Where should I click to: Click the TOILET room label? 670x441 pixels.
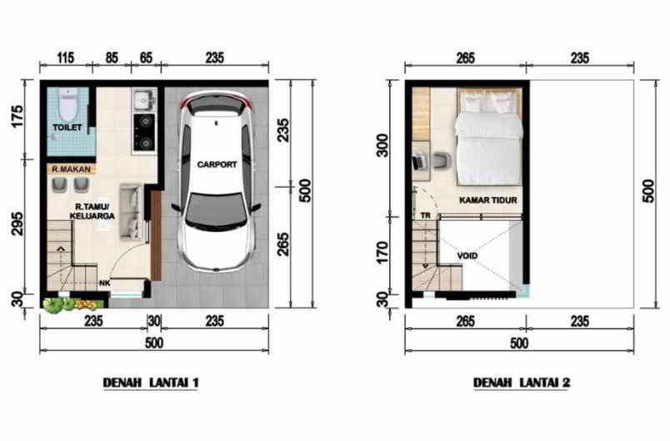tap(66, 128)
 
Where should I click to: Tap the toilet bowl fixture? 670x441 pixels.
tap(67, 102)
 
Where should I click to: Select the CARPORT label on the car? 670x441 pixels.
tap(217, 165)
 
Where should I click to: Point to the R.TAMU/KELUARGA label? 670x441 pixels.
tap(93, 210)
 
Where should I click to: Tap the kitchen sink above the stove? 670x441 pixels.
tap(142, 99)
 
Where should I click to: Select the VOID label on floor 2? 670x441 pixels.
tap(467, 255)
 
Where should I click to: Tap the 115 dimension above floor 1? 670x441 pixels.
tap(66, 58)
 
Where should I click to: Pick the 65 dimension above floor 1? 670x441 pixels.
tap(145, 58)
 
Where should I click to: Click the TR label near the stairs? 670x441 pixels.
tap(425, 215)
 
